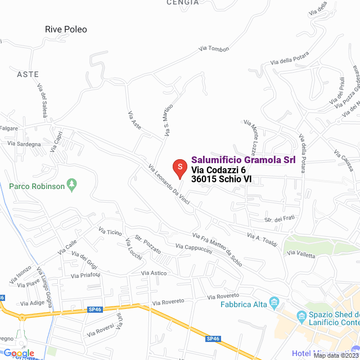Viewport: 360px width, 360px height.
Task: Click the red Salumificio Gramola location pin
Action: (x=179, y=168)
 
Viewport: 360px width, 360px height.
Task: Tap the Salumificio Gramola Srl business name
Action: (x=244, y=160)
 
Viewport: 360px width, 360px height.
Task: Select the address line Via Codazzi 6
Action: (x=218, y=170)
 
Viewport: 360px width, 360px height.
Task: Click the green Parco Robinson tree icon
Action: (x=71, y=184)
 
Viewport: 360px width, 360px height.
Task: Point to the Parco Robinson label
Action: (x=37, y=186)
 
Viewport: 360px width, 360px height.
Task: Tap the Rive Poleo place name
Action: (x=66, y=29)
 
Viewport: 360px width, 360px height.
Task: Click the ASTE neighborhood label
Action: (x=28, y=74)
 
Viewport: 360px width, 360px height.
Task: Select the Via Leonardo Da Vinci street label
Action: (x=169, y=187)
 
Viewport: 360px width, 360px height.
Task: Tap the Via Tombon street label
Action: (x=214, y=49)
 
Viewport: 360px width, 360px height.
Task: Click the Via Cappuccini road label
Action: (x=193, y=249)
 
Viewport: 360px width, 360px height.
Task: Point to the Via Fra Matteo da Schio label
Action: (x=217, y=250)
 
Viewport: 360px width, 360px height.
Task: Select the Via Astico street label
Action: (x=154, y=273)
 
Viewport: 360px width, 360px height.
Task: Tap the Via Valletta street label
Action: (x=301, y=254)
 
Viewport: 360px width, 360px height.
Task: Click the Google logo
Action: (x=19, y=353)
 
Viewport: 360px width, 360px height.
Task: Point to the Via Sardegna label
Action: (x=24, y=144)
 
